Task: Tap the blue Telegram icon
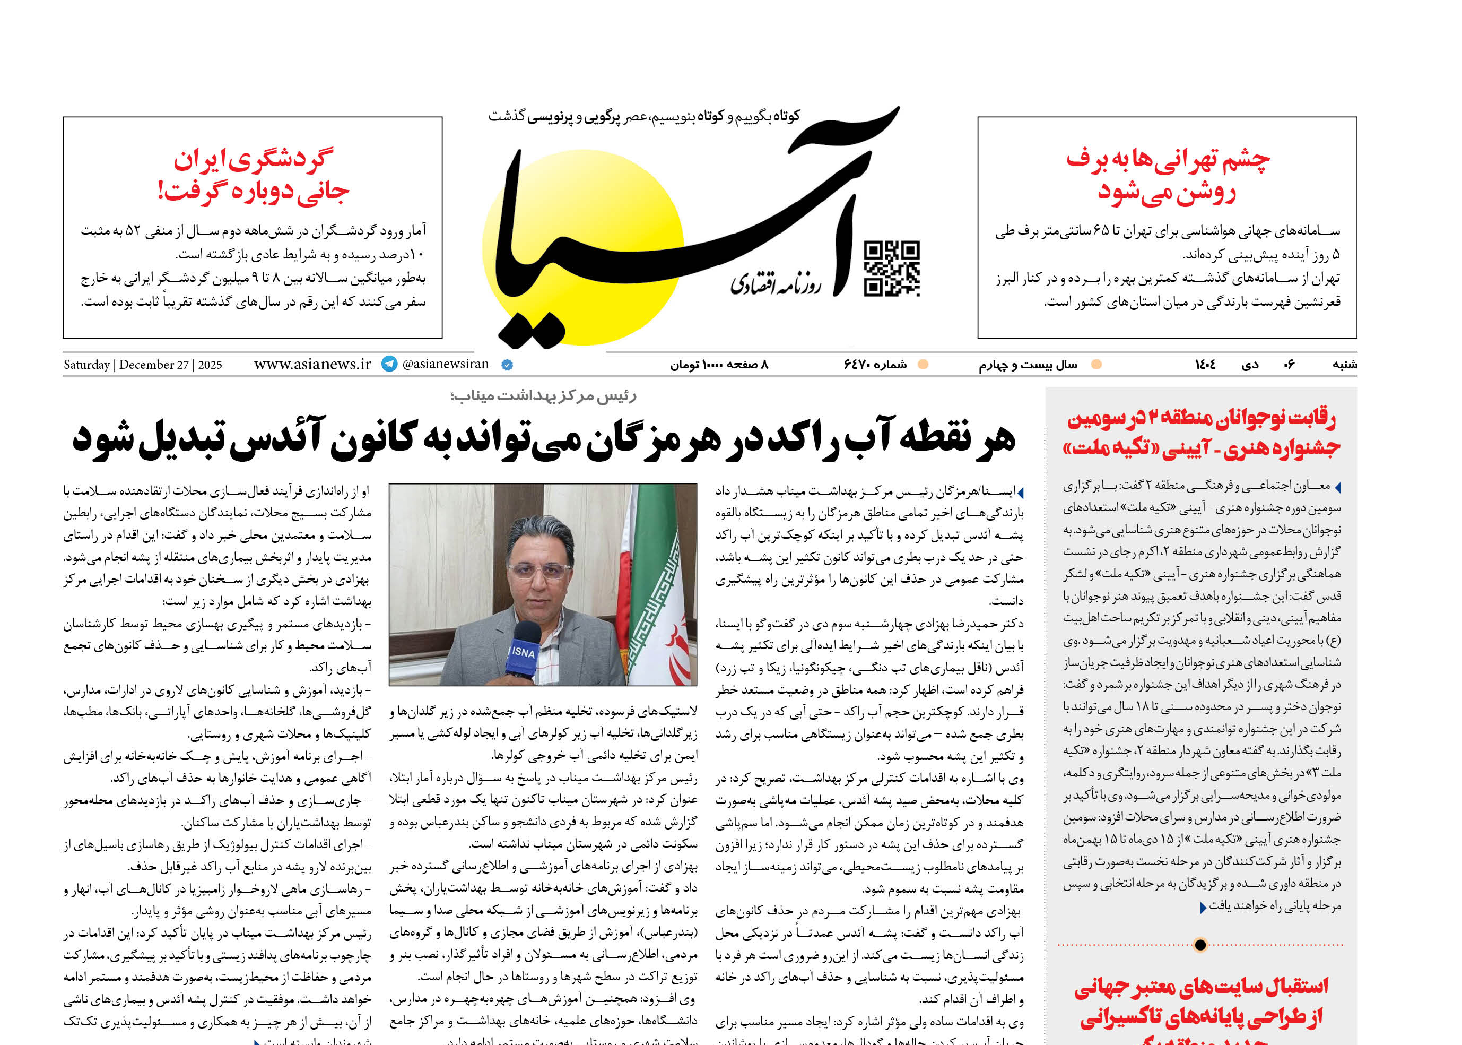click(389, 364)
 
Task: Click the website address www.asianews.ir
click(312, 364)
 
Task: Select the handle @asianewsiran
click(445, 364)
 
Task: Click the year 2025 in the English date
click(210, 365)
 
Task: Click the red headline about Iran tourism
click(253, 175)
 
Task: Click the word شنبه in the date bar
click(1344, 365)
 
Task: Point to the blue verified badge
click(507, 365)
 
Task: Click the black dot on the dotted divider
click(1200, 945)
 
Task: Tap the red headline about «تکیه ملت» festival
click(1202, 433)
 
